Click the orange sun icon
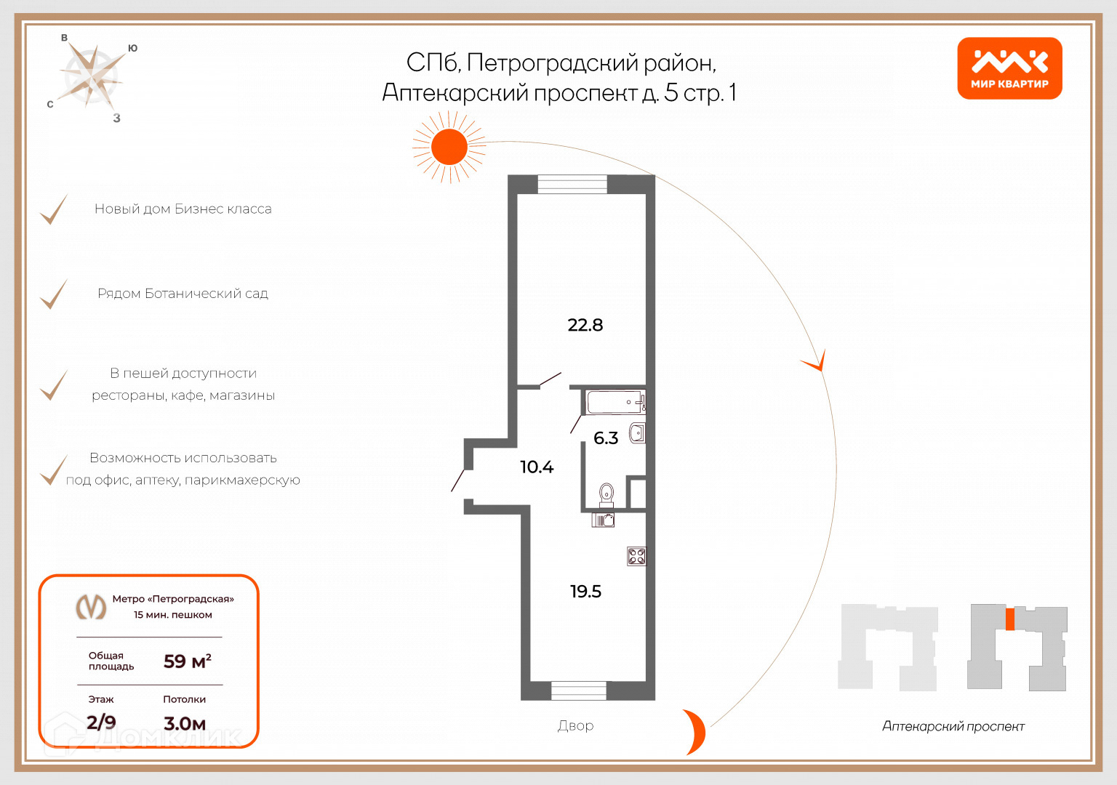[449, 147]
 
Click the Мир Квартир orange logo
[1009, 68]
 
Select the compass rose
[91, 76]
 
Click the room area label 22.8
[585, 325]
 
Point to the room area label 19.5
[585, 592]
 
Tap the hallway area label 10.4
[537, 467]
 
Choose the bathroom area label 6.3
[606, 438]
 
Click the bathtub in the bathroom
[615, 402]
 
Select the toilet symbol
[606, 495]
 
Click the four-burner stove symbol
[636, 557]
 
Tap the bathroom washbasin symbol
[637, 434]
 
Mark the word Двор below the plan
[575, 725]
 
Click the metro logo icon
[92, 606]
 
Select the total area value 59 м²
[187, 661]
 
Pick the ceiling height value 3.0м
[185, 723]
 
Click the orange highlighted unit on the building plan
[1009, 619]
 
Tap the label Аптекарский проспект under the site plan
[953, 726]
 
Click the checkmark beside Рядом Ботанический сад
[53, 294]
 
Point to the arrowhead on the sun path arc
[817, 362]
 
